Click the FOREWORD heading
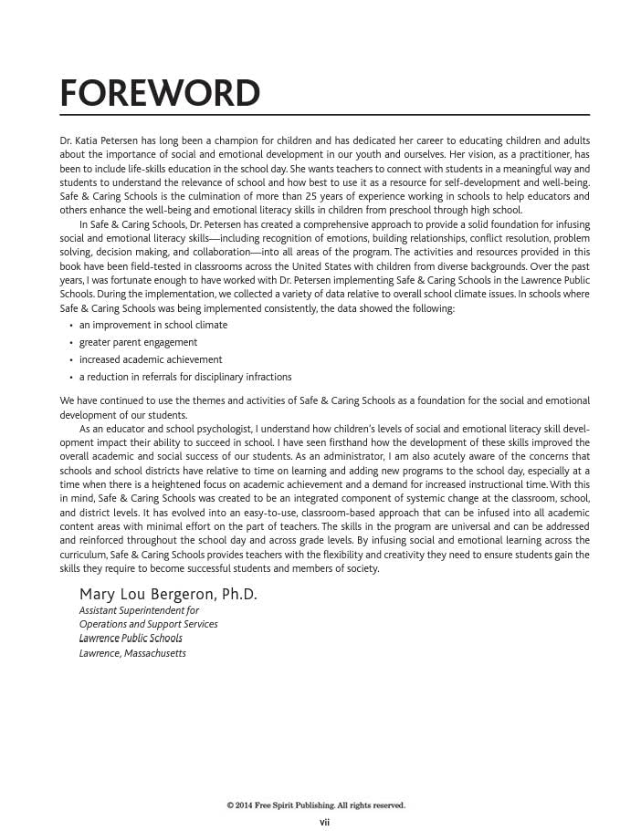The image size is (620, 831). [160, 93]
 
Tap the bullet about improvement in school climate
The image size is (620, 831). [153, 325]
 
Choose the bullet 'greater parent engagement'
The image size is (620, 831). [138, 342]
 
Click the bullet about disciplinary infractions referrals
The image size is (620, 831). [185, 377]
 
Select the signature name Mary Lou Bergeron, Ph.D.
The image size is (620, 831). [168, 595]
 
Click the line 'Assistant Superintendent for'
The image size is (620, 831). [139, 610]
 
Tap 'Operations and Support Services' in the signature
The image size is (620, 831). [148, 624]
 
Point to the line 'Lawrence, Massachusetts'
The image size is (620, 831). [132, 653]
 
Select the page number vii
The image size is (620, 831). [324, 823]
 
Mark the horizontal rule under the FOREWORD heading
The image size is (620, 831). [324, 115]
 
